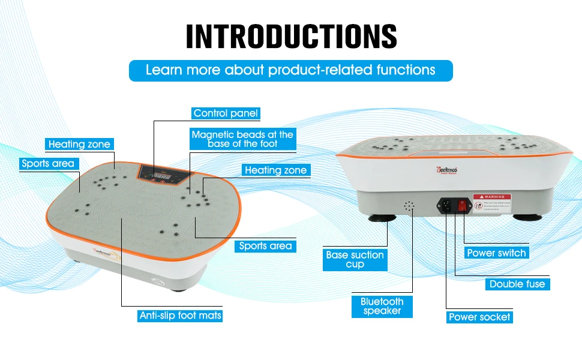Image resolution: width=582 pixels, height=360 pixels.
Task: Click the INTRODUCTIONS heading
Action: [x=291, y=37]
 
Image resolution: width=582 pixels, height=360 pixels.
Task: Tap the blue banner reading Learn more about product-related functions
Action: [x=291, y=70]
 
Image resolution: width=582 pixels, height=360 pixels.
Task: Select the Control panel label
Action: [x=226, y=113]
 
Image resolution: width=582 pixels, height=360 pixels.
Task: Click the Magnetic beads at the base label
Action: [x=242, y=139]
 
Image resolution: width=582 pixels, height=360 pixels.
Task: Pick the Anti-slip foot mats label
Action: [x=181, y=315]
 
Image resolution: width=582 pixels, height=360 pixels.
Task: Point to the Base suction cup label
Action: [x=355, y=259]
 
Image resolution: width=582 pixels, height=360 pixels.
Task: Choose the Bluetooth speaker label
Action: [x=382, y=306]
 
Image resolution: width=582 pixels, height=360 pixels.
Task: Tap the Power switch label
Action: [x=496, y=253]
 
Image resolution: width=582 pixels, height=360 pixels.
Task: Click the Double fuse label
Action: [x=517, y=284]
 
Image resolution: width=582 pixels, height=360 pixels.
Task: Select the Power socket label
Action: [x=479, y=317]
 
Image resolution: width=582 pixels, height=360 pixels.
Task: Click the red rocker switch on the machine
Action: [x=462, y=205]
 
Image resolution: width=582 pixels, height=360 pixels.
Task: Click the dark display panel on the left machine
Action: [x=164, y=173]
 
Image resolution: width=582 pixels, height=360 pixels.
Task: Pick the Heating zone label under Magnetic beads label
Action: [x=275, y=170]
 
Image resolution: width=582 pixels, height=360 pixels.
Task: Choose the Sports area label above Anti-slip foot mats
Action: [x=265, y=245]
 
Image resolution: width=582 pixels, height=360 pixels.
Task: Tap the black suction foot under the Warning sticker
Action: [x=529, y=217]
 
